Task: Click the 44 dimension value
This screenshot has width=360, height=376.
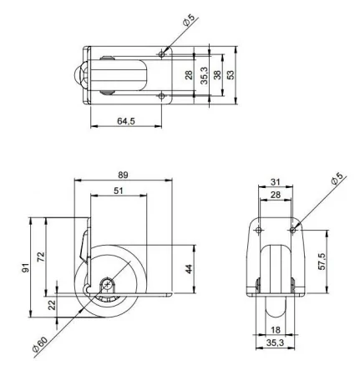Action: tap(190, 269)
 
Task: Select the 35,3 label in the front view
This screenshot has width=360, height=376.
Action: tap(275, 342)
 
